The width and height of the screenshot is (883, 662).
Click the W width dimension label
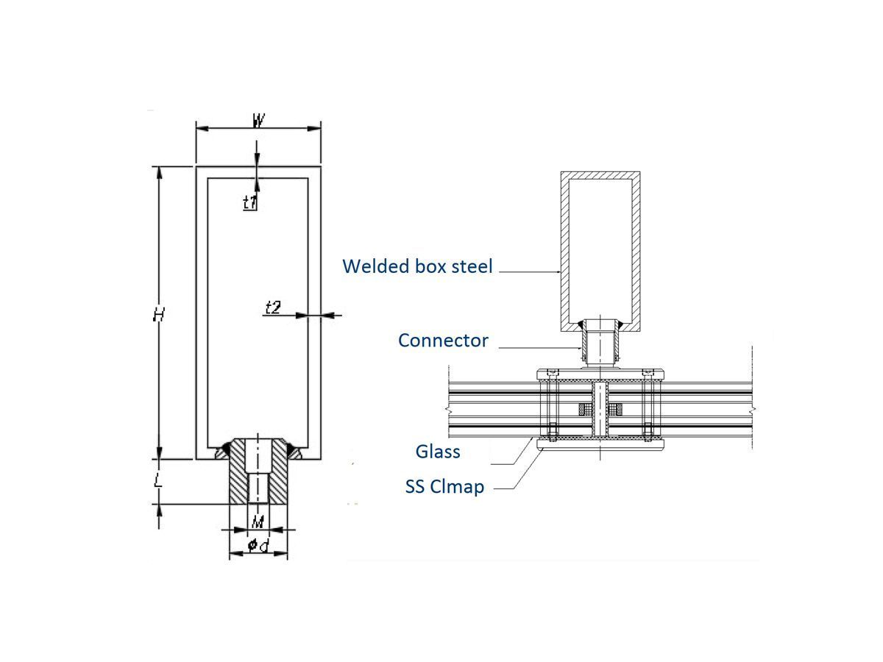[x=258, y=121]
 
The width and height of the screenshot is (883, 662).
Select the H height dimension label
[x=158, y=315]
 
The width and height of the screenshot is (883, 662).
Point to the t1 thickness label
[x=250, y=202]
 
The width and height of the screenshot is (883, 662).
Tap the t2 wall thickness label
[x=272, y=307]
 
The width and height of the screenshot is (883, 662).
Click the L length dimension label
[x=158, y=482]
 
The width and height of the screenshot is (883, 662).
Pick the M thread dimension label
[x=257, y=522]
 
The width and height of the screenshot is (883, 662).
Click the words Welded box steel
[x=417, y=266]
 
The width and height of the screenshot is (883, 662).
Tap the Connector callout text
[x=443, y=340]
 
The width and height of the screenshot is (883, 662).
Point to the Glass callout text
[x=438, y=451]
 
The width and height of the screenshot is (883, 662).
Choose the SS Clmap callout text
[x=444, y=486]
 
